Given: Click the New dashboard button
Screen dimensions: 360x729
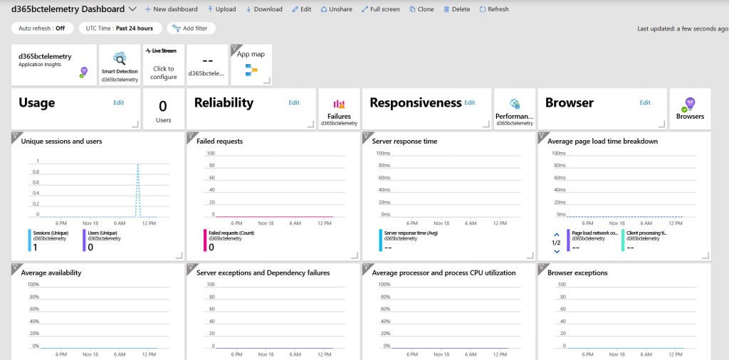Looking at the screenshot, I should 171,9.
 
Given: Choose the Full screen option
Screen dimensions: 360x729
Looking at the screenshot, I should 380,9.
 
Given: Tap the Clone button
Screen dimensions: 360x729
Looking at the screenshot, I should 421,9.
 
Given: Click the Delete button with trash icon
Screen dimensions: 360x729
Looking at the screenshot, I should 456,9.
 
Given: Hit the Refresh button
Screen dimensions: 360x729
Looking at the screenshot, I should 494,9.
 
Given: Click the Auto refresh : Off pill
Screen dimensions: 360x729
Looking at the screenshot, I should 42,28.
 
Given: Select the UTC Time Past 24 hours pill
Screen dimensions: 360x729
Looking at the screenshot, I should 120,28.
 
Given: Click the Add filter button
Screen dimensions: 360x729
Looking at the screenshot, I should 191,28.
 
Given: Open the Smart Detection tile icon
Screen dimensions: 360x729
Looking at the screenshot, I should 120,59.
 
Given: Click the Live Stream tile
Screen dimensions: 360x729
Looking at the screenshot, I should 163,65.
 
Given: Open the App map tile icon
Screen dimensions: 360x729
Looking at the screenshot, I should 251,69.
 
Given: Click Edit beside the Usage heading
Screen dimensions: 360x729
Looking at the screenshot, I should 119,102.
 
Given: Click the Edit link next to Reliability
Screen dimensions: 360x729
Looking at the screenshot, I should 294,102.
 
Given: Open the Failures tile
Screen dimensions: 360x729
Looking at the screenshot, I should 339,109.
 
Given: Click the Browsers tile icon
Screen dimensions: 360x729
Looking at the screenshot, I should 690,105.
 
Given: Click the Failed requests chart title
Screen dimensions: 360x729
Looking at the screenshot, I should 219,141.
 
